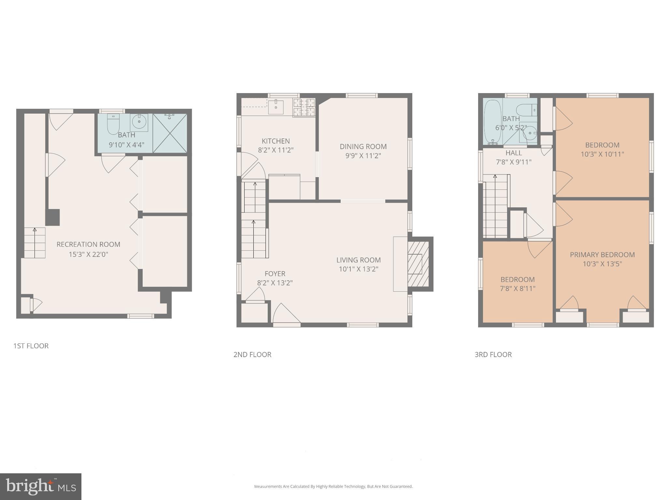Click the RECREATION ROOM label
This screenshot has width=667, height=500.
click(88, 244)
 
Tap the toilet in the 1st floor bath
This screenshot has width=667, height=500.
click(113, 124)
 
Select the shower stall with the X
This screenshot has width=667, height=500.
click(170, 133)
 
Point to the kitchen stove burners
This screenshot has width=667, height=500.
click(304, 107)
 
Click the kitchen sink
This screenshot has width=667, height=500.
click(276, 107)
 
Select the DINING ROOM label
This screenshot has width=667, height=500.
click(363, 146)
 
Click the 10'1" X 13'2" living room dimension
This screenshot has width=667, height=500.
click(358, 269)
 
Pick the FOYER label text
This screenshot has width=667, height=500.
click(275, 274)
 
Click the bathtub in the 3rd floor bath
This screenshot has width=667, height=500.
click(492, 122)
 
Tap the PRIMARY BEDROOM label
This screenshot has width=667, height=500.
click(602, 255)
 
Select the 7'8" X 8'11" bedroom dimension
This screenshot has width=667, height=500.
click(518, 288)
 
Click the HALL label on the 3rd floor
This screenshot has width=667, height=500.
click(514, 153)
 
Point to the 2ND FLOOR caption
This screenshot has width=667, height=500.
click(252, 354)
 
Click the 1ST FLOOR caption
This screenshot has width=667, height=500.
click(31, 346)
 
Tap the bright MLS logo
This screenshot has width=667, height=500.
click(41, 486)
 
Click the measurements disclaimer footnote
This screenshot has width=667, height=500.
click(333, 486)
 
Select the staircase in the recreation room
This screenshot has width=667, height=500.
click(35, 243)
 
